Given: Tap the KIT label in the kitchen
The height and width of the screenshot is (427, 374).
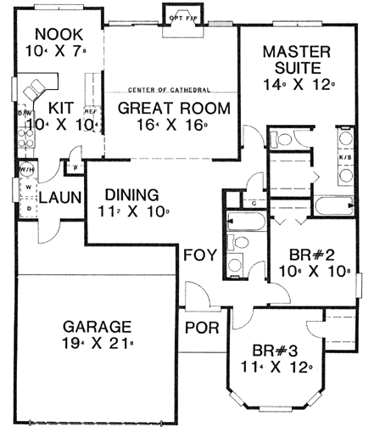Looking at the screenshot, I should (x=59, y=109).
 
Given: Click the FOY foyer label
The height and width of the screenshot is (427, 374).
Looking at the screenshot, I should (x=201, y=255).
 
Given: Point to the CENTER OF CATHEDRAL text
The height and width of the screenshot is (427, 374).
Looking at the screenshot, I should (x=169, y=90).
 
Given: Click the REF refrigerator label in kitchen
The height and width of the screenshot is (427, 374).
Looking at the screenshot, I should (x=88, y=110).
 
